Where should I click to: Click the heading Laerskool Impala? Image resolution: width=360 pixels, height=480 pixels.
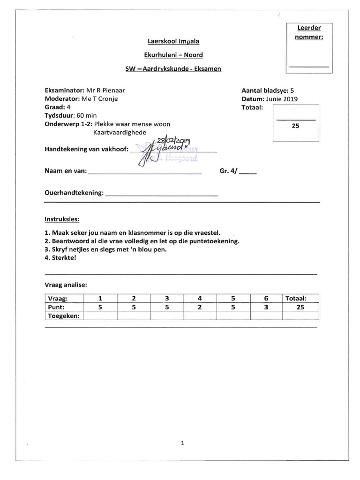pos(173,41)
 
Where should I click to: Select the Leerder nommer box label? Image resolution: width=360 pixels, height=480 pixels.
pos(309,32)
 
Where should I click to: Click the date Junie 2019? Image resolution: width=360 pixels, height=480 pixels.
pos(281,99)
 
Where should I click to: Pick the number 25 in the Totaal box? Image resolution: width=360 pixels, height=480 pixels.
pos(295,126)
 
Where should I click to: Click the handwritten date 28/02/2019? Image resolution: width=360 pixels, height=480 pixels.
pos(173,141)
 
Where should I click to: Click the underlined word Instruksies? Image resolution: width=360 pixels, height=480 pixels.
pos(62,219)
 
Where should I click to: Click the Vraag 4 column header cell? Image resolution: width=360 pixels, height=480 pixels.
pos(200,298)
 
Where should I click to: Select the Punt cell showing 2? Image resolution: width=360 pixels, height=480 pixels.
pos(200,307)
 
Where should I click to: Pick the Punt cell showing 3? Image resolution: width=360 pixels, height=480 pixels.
pos(265,307)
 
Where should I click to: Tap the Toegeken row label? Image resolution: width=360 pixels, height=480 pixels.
pos(64,316)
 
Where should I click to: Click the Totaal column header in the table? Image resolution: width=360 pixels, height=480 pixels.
pos(296,298)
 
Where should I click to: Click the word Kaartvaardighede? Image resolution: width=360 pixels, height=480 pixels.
pos(120,133)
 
